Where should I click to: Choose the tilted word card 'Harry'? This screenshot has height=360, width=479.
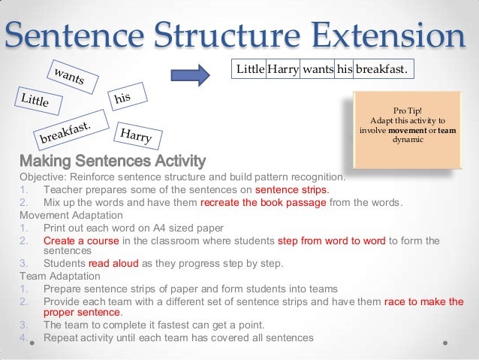(135, 136)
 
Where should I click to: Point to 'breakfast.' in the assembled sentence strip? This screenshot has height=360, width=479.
(383, 70)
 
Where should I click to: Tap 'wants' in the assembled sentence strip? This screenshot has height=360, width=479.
(318, 70)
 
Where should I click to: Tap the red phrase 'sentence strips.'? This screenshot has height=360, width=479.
(292, 189)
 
